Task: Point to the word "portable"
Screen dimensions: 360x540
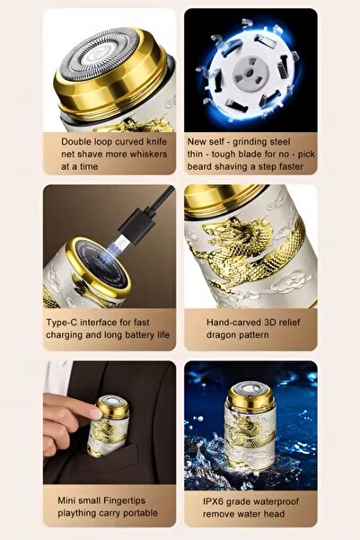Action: click(140, 513)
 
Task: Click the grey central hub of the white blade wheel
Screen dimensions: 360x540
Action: click(250, 73)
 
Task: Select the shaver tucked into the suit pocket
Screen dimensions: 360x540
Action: click(108, 426)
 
